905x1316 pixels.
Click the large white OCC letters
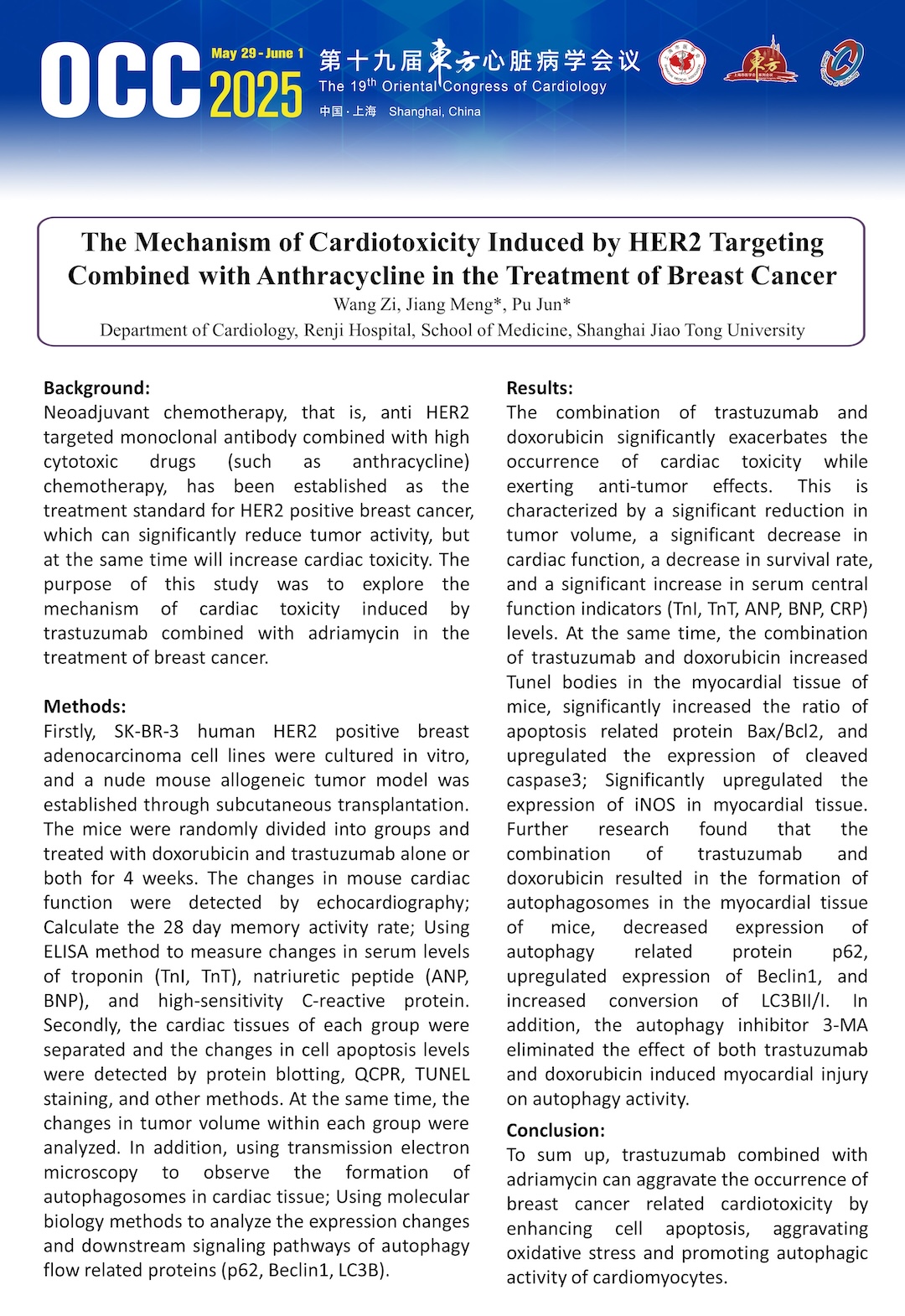[120, 80]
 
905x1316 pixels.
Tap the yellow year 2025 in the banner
[256, 95]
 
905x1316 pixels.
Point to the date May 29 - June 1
[257, 54]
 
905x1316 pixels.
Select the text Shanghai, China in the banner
[434, 111]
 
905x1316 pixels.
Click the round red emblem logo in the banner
[682, 65]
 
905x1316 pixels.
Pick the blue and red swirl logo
[841, 64]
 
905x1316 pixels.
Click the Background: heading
[96, 388]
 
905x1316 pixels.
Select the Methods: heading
[85, 707]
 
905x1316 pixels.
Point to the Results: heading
[540, 388]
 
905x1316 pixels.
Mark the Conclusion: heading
[555, 1130]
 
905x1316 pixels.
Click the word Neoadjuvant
[96, 412]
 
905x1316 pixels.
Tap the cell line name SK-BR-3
[147, 731]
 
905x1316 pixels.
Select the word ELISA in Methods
[69, 951]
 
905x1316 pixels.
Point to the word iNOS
[654, 805]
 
